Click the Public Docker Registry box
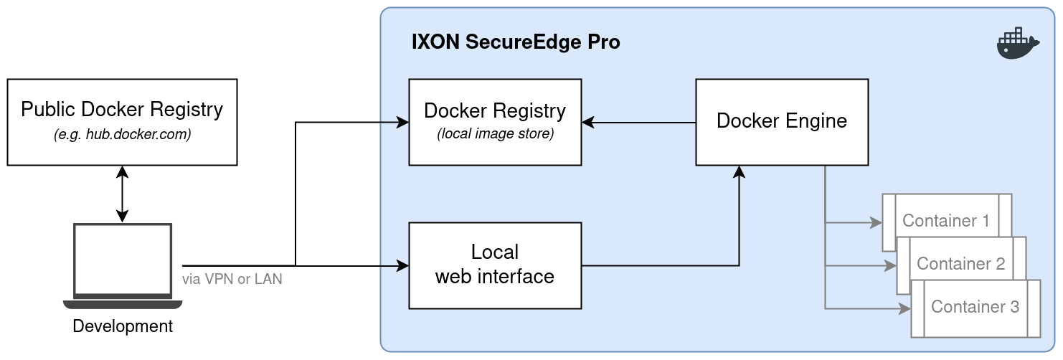point(122,122)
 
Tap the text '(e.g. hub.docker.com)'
point(122,135)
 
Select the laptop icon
point(123,266)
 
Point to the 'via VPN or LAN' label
point(232,279)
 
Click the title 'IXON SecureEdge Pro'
point(515,42)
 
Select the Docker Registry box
point(495,122)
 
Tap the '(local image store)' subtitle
point(495,134)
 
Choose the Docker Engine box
point(782,122)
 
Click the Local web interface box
point(495,265)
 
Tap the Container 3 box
point(975,308)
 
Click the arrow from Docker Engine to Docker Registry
point(638,123)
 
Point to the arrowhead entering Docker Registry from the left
point(403,123)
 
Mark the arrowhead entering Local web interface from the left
point(403,267)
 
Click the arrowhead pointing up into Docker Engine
point(739,171)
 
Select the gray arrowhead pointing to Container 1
point(877,223)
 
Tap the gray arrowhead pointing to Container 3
point(905,309)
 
